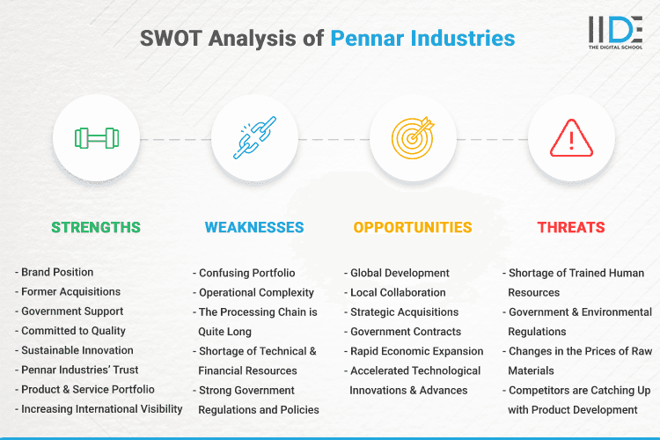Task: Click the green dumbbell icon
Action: [96, 138]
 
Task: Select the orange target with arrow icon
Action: [413, 138]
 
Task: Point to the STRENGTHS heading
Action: [96, 227]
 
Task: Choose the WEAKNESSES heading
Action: [254, 227]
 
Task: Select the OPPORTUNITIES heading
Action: [413, 227]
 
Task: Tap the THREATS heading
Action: [571, 227]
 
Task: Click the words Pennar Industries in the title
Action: [423, 38]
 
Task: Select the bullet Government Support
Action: [71, 312]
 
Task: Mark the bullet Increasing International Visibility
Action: [101, 408]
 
